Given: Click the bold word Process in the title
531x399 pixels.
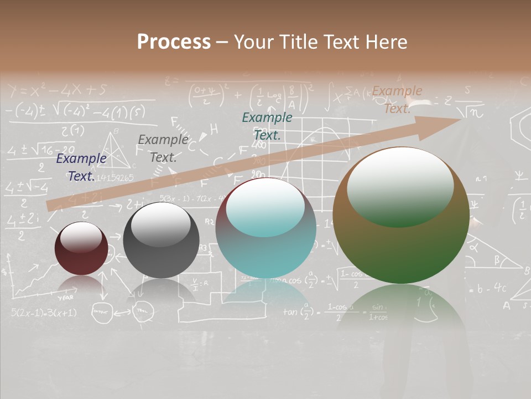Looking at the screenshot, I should click(174, 42).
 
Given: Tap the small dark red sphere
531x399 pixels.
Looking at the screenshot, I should click(81, 248).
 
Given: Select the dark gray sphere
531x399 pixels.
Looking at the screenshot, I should click(161, 240).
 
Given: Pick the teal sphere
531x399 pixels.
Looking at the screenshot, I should click(266, 228).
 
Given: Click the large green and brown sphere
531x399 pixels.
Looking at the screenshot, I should click(401, 215).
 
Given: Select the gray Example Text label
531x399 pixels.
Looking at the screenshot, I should click(163, 149).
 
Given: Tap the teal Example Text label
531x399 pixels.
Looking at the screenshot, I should click(267, 126).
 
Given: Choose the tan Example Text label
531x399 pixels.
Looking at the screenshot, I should click(397, 100).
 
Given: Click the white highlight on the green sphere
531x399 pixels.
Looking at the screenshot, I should click(400, 186).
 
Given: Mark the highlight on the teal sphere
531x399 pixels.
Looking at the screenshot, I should click(265, 207).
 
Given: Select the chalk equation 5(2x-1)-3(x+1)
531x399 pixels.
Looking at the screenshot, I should click(44, 313).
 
